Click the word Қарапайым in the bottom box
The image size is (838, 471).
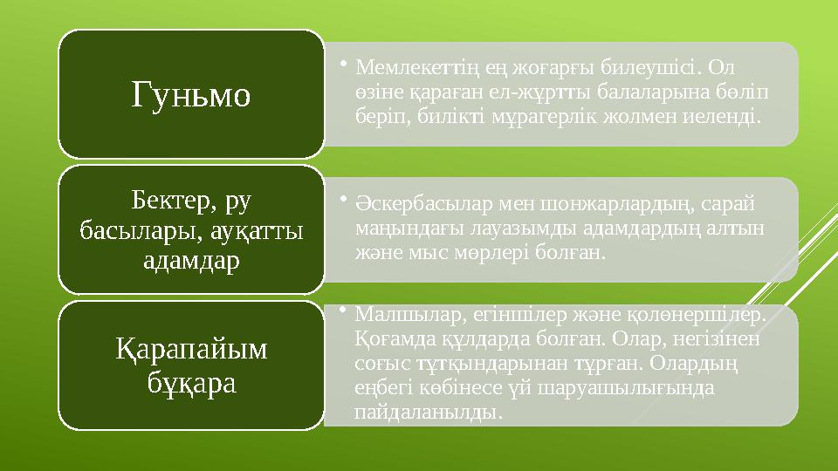(x=191, y=350)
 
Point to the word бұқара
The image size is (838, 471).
(x=191, y=381)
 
